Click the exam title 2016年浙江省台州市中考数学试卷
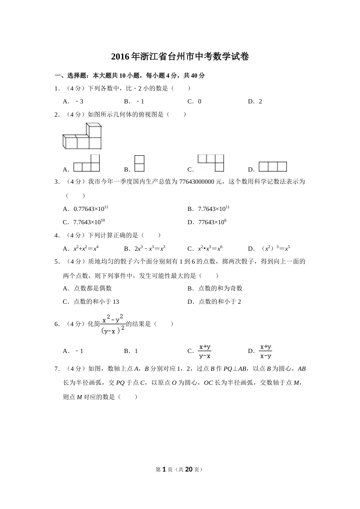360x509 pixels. coord(180,57)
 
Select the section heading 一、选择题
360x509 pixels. coord(72,75)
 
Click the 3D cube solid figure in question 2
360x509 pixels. coord(82,136)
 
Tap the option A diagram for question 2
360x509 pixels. coord(86,164)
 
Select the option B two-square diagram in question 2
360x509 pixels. coord(139,164)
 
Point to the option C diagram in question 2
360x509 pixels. coord(211,163)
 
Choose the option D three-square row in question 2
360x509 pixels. coord(272,167)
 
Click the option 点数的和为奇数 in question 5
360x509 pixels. coord(220,288)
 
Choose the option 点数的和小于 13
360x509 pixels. coord(96,301)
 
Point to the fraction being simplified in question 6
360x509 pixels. coord(113,324)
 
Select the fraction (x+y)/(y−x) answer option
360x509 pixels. coord(205,351)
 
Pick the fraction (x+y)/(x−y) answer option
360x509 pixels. coord(266,351)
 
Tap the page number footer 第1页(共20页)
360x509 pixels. coord(180,469)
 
